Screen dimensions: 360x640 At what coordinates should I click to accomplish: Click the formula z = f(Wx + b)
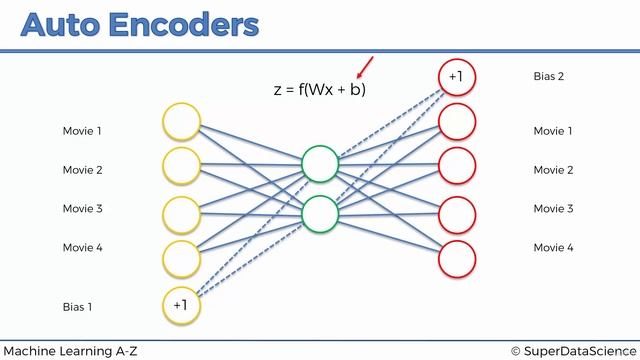click(x=320, y=89)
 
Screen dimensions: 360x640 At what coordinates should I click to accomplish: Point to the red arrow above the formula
click(x=365, y=68)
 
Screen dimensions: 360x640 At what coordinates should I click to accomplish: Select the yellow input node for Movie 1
click(x=182, y=124)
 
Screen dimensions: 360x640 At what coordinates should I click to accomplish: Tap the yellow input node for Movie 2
click(x=182, y=166)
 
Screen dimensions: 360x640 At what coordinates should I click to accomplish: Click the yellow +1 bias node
click(x=181, y=305)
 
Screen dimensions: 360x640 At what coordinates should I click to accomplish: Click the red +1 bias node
click(x=456, y=77)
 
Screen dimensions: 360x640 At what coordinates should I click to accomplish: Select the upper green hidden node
click(x=320, y=164)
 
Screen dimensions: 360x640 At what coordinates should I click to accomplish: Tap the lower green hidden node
click(x=320, y=213)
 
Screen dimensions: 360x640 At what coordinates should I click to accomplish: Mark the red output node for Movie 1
click(x=456, y=122)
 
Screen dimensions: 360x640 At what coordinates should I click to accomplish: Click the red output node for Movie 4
click(x=456, y=259)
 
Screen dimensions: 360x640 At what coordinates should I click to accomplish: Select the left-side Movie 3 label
click(x=82, y=209)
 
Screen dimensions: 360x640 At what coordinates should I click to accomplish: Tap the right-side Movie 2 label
click(x=553, y=170)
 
